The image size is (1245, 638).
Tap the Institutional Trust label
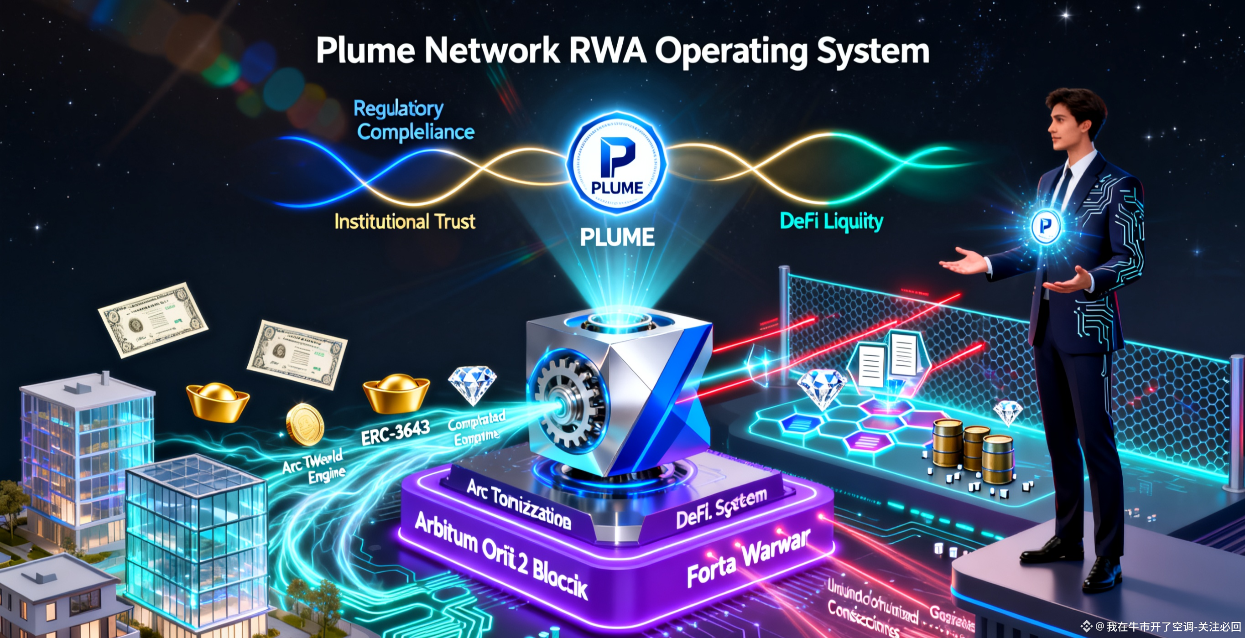click(x=405, y=222)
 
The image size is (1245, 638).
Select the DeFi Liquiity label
click(x=831, y=222)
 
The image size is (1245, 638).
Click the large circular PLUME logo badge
click(x=617, y=163)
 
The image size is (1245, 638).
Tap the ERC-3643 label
click(x=396, y=432)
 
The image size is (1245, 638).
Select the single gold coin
click(x=304, y=424)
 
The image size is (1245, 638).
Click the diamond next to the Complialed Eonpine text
click(x=472, y=384)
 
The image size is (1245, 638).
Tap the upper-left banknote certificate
click(x=153, y=319)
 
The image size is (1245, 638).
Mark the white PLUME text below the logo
click(x=617, y=237)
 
